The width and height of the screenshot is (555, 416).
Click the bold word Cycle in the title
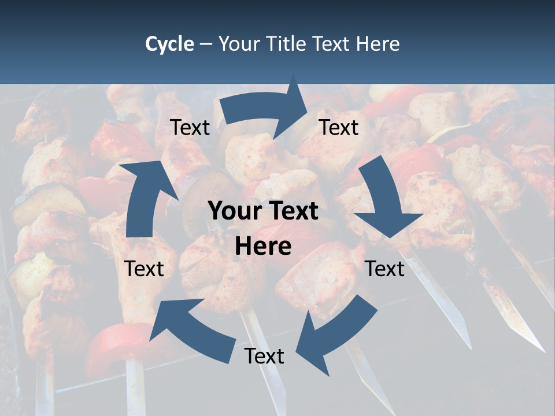[x=169, y=44]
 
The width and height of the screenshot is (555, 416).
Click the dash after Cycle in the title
[x=206, y=44]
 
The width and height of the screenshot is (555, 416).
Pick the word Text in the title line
[x=333, y=44]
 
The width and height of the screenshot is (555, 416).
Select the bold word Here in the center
[x=263, y=247]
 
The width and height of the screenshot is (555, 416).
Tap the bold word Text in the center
[x=293, y=211]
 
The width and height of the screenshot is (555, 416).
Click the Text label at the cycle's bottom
[x=264, y=356]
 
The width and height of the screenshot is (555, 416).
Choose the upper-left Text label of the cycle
[x=190, y=128]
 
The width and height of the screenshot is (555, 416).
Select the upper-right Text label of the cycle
[x=339, y=128]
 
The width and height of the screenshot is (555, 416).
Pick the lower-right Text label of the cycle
[x=384, y=269]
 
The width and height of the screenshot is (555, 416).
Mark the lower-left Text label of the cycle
[x=144, y=269]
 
